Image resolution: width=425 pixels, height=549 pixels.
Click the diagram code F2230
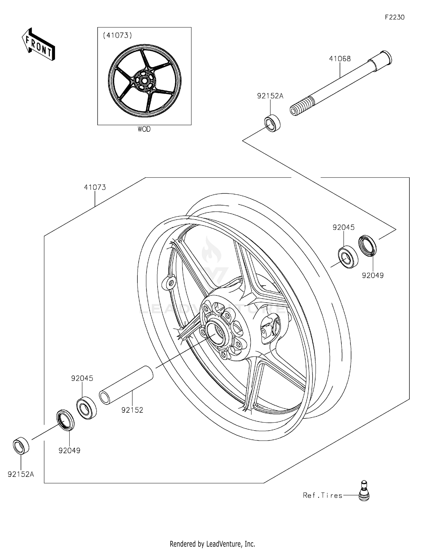[x=394, y=17]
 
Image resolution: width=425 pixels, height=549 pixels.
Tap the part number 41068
[x=340, y=59]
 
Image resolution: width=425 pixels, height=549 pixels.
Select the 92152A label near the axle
[x=270, y=96]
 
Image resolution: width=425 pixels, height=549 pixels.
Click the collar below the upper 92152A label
[x=272, y=123]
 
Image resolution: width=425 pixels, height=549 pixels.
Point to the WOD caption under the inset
[x=144, y=129]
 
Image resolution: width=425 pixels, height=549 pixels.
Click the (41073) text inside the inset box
[x=117, y=35]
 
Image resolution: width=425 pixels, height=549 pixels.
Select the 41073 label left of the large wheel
[x=95, y=187]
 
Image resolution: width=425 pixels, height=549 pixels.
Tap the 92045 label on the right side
[x=343, y=227]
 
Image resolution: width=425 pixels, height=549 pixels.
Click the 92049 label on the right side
[x=373, y=275]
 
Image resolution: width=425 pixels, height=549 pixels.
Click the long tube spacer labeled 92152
[x=126, y=385]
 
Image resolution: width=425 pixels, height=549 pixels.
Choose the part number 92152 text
[x=132, y=410]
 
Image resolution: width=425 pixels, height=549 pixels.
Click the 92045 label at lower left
[x=82, y=378]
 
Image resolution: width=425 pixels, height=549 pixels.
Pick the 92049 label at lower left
[x=69, y=450]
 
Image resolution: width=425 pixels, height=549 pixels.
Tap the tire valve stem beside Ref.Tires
[x=364, y=491]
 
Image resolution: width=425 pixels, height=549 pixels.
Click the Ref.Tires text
[x=322, y=495]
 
